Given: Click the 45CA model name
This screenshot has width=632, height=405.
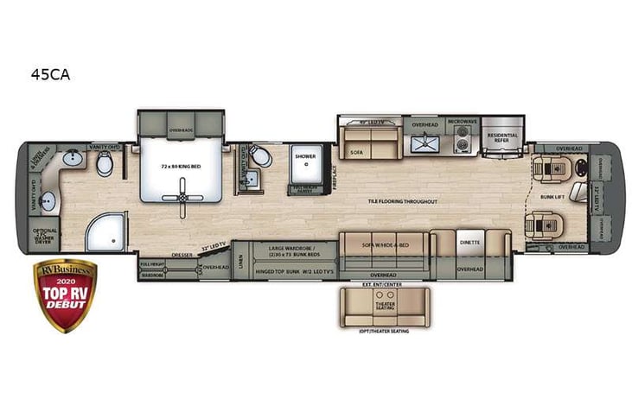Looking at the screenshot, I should pos(50,74).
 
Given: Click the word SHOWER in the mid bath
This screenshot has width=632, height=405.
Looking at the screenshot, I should pos(304,157).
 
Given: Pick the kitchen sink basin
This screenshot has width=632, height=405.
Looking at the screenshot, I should pos(424,143).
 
